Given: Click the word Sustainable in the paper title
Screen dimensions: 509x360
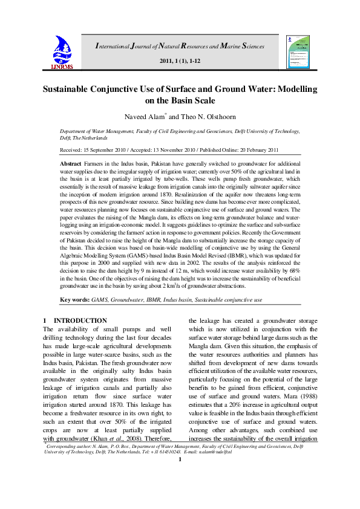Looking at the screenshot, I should click(72, 89).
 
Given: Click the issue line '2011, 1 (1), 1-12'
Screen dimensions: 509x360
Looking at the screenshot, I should click(180, 62).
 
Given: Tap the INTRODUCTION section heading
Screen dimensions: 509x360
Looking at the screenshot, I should click(80, 320).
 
